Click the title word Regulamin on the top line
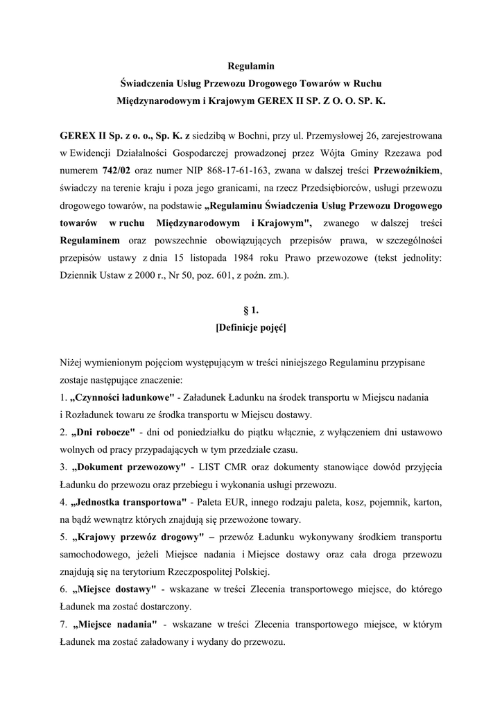click(x=251, y=67)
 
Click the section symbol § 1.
click(x=251, y=311)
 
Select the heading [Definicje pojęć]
click(x=251, y=328)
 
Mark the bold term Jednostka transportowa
click(x=129, y=501)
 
